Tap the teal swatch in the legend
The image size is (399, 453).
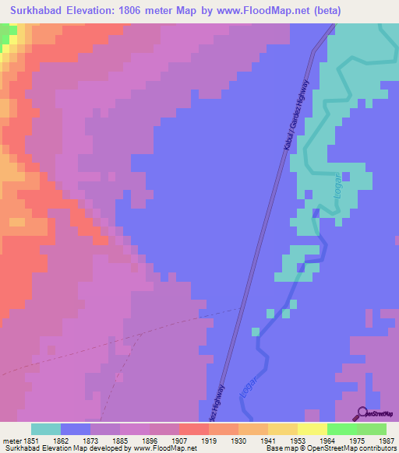coord(46,429)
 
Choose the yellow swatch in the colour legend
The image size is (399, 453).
coord(312,429)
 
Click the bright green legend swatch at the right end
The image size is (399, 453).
coord(371,429)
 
